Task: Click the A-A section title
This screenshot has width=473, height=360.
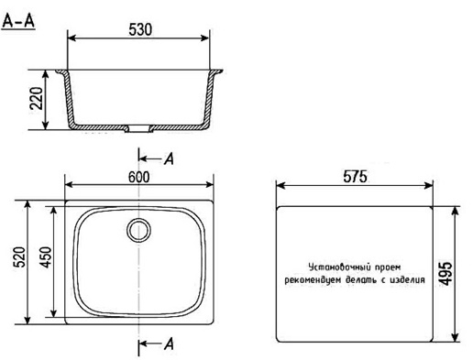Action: (18, 21)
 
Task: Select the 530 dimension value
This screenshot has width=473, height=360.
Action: (140, 29)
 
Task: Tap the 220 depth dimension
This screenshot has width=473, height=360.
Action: (37, 98)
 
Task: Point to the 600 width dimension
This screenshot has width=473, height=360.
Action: (139, 177)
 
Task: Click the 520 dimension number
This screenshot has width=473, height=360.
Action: (20, 256)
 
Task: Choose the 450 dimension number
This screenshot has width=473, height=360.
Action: (46, 257)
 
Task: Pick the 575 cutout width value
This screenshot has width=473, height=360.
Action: (355, 177)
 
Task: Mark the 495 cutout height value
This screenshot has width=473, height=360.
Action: (445, 274)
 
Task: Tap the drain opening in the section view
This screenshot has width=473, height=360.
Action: (139, 128)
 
